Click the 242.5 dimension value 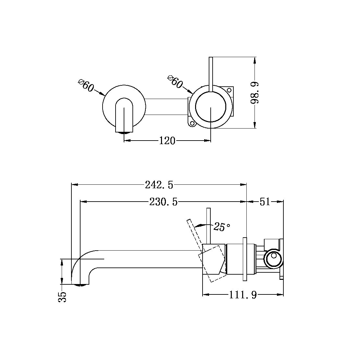(x=159, y=185)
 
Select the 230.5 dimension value (x=164, y=202)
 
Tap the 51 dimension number (x=265, y=202)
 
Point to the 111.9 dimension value (x=243, y=295)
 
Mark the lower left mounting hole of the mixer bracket (x=192, y=123)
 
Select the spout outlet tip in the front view (x=124, y=132)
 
